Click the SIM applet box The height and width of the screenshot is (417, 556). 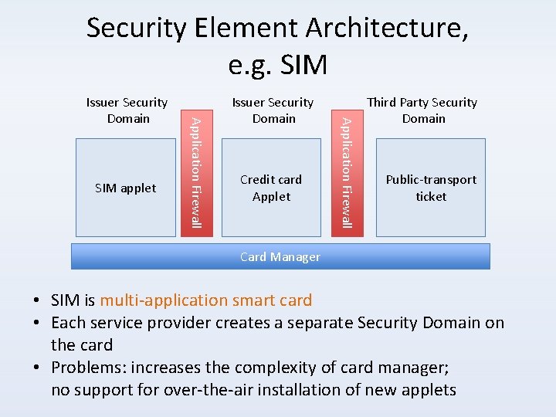[x=125, y=188]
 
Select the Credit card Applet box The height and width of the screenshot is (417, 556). [x=271, y=188]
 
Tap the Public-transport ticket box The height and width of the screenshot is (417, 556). [x=431, y=188]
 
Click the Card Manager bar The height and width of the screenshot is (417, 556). [x=280, y=256]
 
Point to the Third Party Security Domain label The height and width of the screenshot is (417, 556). [x=422, y=110]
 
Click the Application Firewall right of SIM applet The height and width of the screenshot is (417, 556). [x=197, y=171]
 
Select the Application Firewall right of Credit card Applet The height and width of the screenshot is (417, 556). [x=347, y=171]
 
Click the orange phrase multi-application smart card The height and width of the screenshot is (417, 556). [x=205, y=300]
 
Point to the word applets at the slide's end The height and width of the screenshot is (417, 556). [x=428, y=390]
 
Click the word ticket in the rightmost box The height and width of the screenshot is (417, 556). [x=431, y=196]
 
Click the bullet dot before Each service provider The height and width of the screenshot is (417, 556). [x=37, y=324]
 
